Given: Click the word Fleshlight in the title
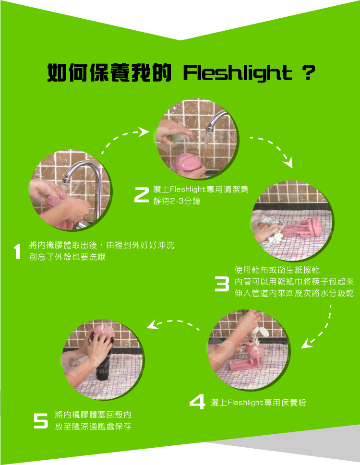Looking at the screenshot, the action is coord(238,73).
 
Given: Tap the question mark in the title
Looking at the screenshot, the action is coord(309,72).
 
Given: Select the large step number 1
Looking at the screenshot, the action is coord(17,251).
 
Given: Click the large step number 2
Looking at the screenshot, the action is coord(142,195).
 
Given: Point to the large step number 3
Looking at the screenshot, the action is coord(222,284).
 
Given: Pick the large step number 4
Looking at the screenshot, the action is coord(197,402).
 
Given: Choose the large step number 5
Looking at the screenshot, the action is coord(41,421).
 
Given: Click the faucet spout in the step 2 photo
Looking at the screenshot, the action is coord(216,121).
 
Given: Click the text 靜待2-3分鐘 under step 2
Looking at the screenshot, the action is coord(177,201).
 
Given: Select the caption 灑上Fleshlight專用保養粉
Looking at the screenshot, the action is coord(258,403).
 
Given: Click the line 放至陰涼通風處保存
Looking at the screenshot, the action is coord(93,427).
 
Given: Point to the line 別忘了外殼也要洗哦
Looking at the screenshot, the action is coord(67,257).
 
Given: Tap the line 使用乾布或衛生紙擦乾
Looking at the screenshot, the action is coord(277,270).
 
